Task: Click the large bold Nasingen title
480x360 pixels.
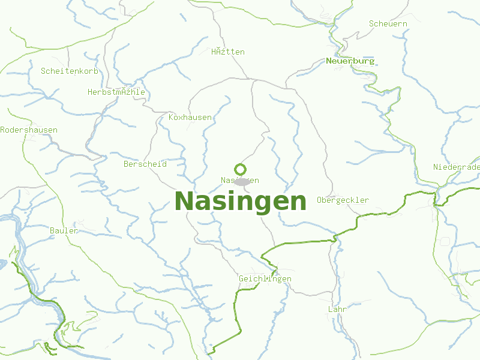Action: click(x=240, y=201)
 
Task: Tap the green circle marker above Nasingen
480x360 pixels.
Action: click(x=240, y=169)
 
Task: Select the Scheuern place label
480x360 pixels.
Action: click(x=388, y=24)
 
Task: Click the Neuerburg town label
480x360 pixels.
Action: click(x=350, y=61)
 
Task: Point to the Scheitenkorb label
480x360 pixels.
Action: click(x=70, y=71)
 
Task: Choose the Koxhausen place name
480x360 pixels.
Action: click(x=190, y=117)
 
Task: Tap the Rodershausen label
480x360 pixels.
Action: click(x=29, y=130)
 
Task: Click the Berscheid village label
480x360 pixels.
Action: click(x=145, y=164)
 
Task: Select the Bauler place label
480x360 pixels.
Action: click(x=64, y=230)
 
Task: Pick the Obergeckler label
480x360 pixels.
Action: click(x=343, y=200)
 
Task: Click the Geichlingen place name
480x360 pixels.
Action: click(x=265, y=279)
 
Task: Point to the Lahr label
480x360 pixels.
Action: click(x=337, y=310)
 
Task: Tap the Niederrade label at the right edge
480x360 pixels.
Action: click(x=456, y=167)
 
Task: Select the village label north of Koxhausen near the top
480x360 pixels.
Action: click(x=228, y=52)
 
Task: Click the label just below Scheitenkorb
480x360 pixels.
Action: click(x=116, y=92)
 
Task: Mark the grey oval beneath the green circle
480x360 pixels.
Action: click(x=242, y=182)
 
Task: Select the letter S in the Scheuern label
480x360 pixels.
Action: click(x=372, y=24)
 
